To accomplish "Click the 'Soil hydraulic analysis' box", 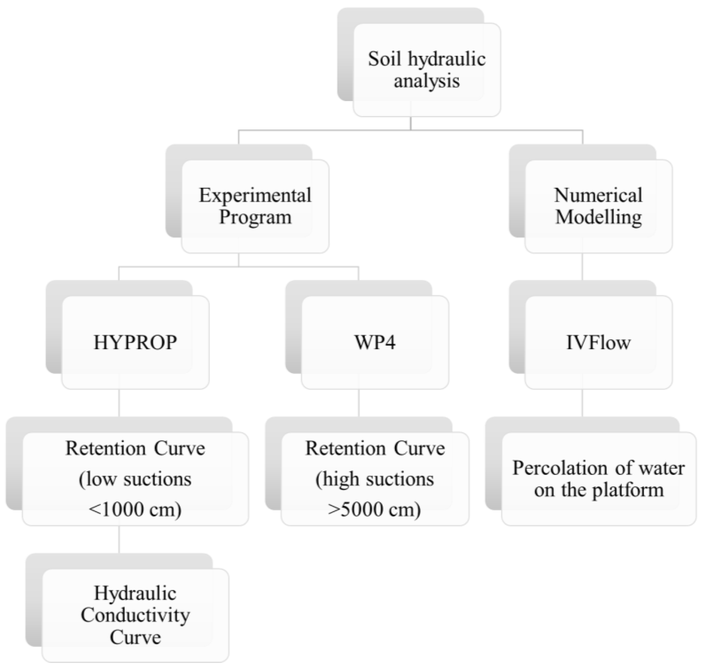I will pyautogui.click(x=427, y=70).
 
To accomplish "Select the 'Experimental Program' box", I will pyautogui.click(x=255, y=206).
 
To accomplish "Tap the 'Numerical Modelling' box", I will pyautogui.click(x=598, y=206).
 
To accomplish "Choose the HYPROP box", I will pyautogui.click(x=135, y=342).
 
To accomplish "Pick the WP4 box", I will pyautogui.click(x=375, y=342).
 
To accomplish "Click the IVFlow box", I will pyautogui.click(x=598, y=342).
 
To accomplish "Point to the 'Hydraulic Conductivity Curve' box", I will pyautogui.click(x=135, y=615).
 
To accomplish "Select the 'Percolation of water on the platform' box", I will pyautogui.click(x=598, y=478).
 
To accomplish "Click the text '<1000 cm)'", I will pyautogui.click(x=135, y=509).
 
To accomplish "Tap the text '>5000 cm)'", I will pyautogui.click(x=375, y=509).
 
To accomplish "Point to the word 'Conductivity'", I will pyautogui.click(x=135, y=615).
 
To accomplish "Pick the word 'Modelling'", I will pyautogui.click(x=598, y=217).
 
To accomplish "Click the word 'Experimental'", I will pyautogui.click(x=255, y=195).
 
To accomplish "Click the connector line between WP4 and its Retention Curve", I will pyautogui.click(x=359, y=403).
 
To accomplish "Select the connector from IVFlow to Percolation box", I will pyautogui.click(x=583, y=403).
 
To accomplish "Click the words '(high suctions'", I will pyautogui.click(x=375, y=479).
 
